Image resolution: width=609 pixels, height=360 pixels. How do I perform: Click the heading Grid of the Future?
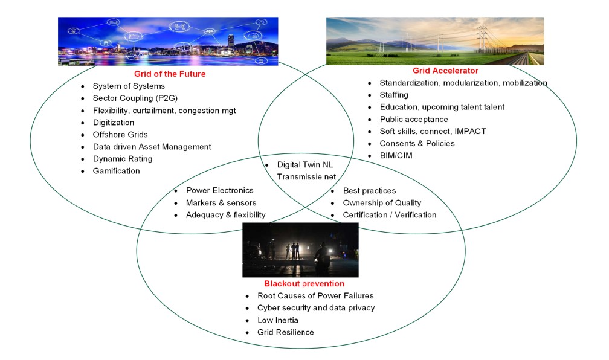(x=170, y=74)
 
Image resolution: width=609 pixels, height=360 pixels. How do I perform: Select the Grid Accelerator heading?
(x=445, y=71)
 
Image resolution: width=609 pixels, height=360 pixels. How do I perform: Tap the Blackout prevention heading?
(x=304, y=283)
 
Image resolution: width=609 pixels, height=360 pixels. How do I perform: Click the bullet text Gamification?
(x=116, y=171)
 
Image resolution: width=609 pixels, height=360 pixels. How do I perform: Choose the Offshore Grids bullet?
(x=120, y=134)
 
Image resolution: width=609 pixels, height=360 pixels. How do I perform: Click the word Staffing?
(x=393, y=95)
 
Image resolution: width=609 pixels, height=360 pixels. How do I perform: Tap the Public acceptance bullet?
(x=413, y=119)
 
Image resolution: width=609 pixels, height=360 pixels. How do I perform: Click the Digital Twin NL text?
(x=304, y=164)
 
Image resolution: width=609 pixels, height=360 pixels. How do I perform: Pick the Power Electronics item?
(x=219, y=190)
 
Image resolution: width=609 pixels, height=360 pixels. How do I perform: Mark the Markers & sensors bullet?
(x=221, y=202)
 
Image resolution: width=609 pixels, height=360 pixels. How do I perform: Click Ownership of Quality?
(x=382, y=202)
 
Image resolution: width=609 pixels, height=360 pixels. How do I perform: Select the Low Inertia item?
(x=277, y=320)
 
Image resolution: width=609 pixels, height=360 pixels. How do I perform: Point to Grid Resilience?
(x=285, y=332)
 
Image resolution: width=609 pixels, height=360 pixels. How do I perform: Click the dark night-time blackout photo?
(x=300, y=249)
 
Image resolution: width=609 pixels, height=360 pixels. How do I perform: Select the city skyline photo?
(x=167, y=40)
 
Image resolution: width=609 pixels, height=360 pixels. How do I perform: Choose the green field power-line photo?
(x=434, y=40)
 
